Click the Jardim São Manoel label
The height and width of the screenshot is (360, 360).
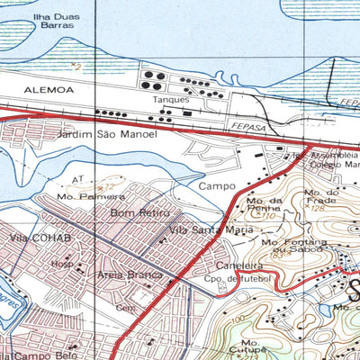click(x=106, y=134)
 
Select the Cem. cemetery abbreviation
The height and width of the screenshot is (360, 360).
click(x=124, y=307)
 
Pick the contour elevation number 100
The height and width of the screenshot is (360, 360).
click(x=236, y=319)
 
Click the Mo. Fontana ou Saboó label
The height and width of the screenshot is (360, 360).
click(x=292, y=245)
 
